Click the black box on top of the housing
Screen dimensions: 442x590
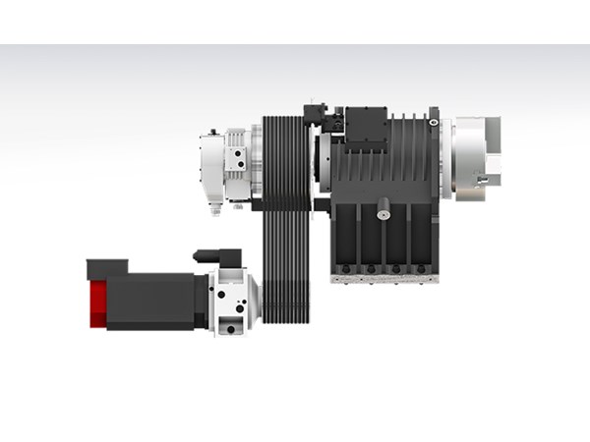click(x=363, y=125)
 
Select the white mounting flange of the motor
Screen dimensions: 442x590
click(x=234, y=303)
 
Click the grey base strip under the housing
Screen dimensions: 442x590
click(x=383, y=279)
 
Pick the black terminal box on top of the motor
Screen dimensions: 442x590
click(x=107, y=266)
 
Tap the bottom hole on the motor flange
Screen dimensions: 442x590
click(x=232, y=329)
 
